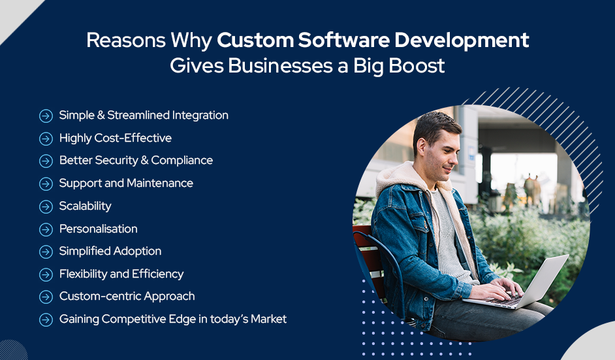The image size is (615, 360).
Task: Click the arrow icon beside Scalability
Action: tap(46, 206)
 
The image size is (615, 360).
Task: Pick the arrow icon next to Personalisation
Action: tap(46, 229)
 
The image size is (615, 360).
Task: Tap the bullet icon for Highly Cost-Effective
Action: tap(46, 139)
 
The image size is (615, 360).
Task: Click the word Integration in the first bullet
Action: tap(200, 116)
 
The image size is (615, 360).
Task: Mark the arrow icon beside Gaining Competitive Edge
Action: tap(46, 320)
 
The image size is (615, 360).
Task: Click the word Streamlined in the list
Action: tap(137, 116)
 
